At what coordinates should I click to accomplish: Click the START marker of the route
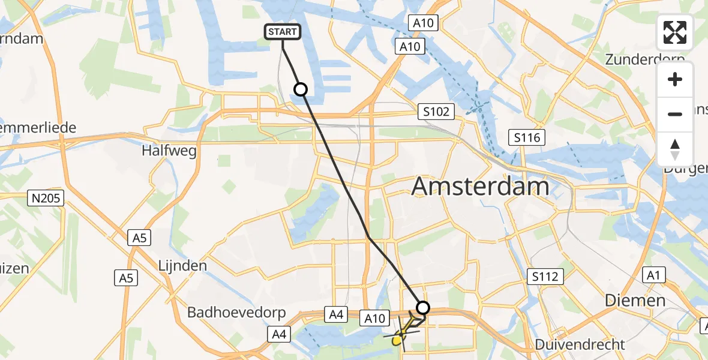click(x=282, y=32)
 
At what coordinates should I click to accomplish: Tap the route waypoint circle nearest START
click(x=301, y=89)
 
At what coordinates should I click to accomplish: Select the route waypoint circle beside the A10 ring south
click(x=423, y=308)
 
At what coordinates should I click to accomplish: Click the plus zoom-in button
click(x=675, y=79)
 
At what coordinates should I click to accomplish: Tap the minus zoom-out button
click(x=675, y=114)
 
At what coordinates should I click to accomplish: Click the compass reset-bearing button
click(x=675, y=149)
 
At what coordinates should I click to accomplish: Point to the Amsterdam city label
click(x=480, y=187)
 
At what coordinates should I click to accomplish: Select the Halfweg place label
click(x=169, y=151)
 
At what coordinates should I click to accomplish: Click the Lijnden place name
click(x=182, y=265)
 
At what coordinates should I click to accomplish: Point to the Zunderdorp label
click(x=645, y=59)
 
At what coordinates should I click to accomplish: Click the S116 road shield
click(x=526, y=138)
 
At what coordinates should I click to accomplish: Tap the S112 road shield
click(x=545, y=277)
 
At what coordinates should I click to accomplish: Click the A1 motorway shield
click(x=653, y=275)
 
